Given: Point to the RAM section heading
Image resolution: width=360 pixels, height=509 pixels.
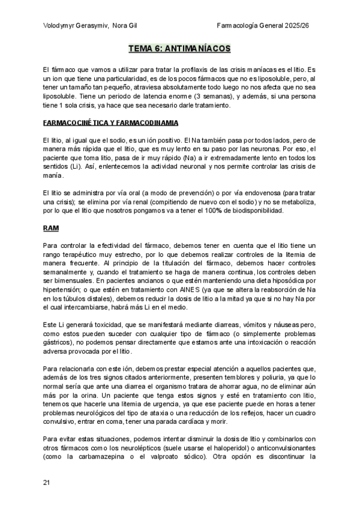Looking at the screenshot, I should click(51, 228).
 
